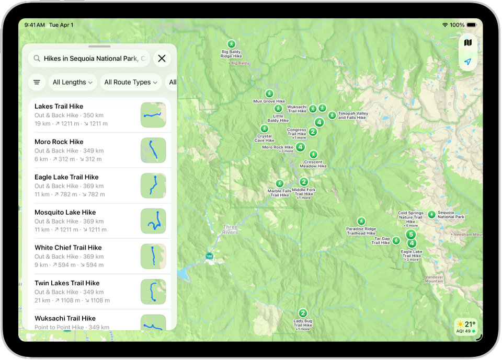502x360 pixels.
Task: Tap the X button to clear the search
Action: click(x=162, y=59)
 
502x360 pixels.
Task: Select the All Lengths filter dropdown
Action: click(x=73, y=82)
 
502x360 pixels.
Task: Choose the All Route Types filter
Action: click(x=131, y=82)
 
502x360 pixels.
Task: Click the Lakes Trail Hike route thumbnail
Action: click(x=153, y=115)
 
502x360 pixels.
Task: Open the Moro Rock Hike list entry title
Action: click(x=59, y=142)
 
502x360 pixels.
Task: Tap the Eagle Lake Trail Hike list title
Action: click(x=66, y=177)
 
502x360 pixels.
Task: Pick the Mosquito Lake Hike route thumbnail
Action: click(x=153, y=221)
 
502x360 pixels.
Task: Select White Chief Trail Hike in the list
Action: click(x=68, y=248)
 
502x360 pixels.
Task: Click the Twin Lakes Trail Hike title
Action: click(x=67, y=283)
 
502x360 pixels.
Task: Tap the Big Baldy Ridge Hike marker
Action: click(x=231, y=44)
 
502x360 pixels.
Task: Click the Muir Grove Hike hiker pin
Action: click(x=269, y=93)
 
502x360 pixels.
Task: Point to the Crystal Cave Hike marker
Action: click(x=265, y=129)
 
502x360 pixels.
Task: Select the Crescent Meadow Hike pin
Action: click(x=313, y=155)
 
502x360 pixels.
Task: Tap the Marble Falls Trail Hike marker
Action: click(x=280, y=184)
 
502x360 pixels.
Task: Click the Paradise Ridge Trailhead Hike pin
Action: click(x=361, y=221)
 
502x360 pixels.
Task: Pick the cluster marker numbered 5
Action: click(x=411, y=235)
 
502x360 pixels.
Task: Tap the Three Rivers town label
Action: click(x=230, y=229)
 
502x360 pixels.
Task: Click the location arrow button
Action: click(x=467, y=62)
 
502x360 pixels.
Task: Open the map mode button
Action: click(x=467, y=43)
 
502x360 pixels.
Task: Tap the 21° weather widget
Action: click(x=465, y=326)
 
